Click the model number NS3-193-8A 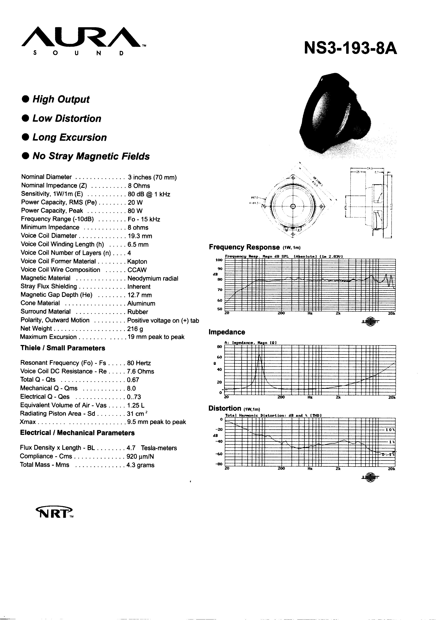[x=350, y=48]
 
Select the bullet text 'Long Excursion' [x=70, y=137]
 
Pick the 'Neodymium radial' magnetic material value [x=153, y=278]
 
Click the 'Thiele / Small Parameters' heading [x=62, y=348]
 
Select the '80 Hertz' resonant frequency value [x=139, y=363]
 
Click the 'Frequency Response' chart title [x=244, y=247]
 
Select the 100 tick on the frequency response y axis [x=219, y=260]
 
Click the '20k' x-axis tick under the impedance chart [x=392, y=397]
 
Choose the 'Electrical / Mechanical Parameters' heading [x=77, y=433]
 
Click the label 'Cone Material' [x=40, y=303]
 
